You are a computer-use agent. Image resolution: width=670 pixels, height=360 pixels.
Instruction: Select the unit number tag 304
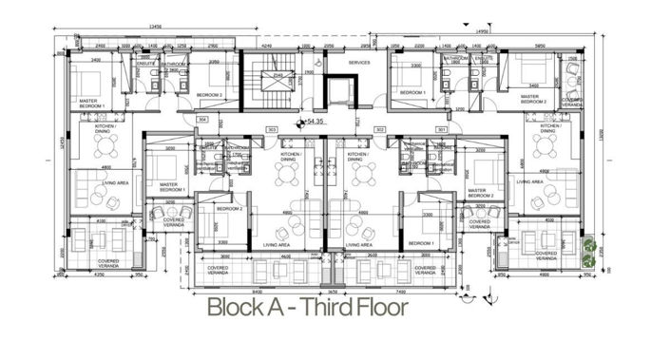coord(204,120)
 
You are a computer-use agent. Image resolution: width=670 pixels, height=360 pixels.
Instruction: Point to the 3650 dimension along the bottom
coord(332,289)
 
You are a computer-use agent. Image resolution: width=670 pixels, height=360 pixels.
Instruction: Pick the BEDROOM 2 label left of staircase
coord(208,95)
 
